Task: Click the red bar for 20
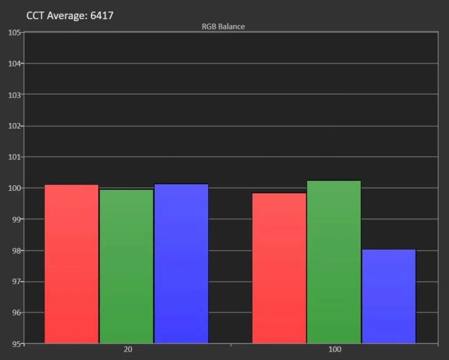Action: tap(71, 263)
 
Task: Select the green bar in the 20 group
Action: tap(126, 266)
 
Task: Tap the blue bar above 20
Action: tap(181, 263)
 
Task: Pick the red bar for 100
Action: tap(279, 267)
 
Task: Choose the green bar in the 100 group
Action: tap(334, 261)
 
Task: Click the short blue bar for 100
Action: tap(388, 296)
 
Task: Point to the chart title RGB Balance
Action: tap(223, 26)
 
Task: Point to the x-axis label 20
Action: tap(128, 350)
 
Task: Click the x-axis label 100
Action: tap(335, 350)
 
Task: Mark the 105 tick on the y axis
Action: tap(14, 32)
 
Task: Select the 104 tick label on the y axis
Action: tap(14, 64)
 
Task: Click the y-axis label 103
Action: tap(14, 95)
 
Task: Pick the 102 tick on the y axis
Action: tap(14, 126)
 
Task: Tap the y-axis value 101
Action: tap(14, 157)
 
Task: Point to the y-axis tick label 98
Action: tap(16, 250)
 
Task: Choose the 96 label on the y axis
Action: tap(16, 313)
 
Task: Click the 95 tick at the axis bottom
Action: tap(16, 344)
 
